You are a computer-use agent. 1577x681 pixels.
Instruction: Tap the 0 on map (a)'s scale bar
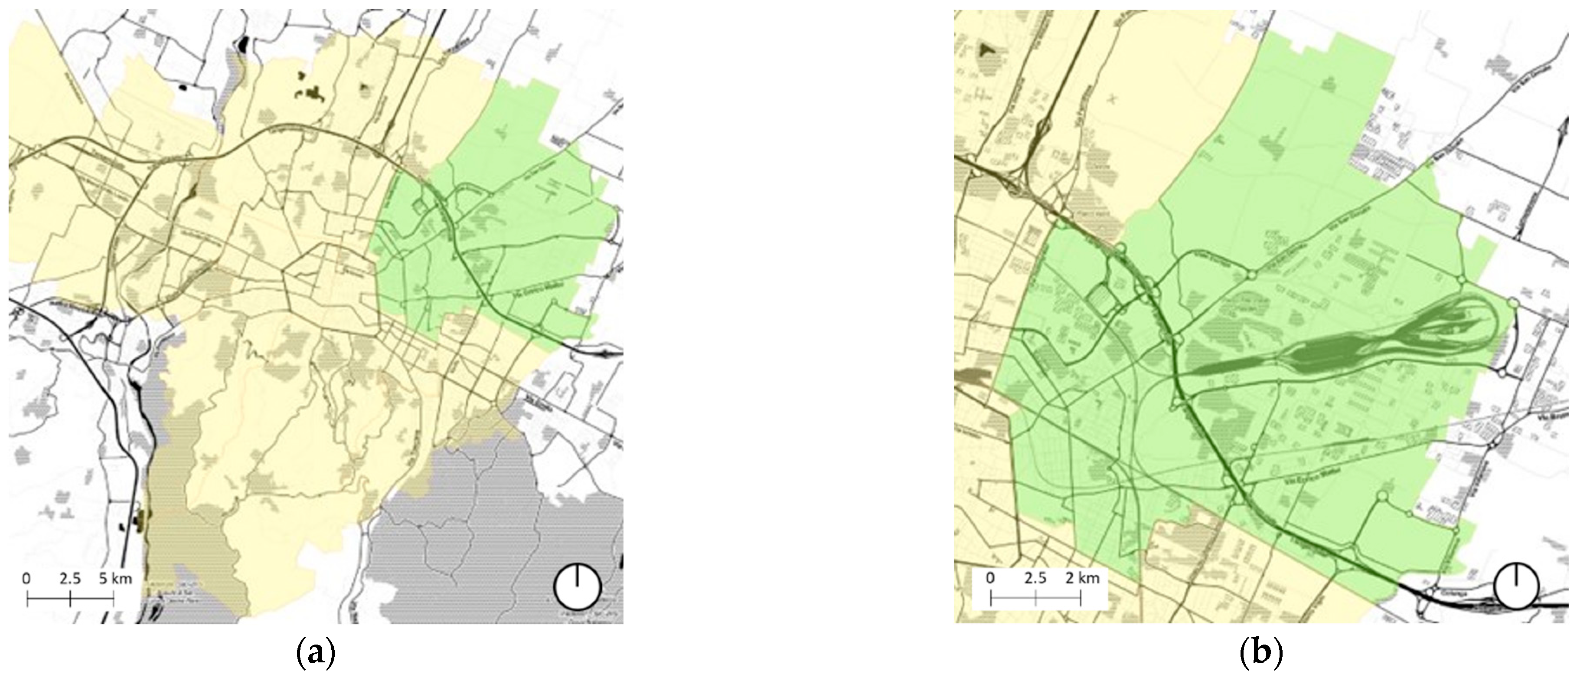(26, 579)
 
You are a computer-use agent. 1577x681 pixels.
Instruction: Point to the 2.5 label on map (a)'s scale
(70, 579)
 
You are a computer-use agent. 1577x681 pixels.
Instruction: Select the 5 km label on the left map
(114, 579)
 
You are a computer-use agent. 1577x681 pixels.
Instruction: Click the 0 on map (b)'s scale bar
(990, 579)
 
